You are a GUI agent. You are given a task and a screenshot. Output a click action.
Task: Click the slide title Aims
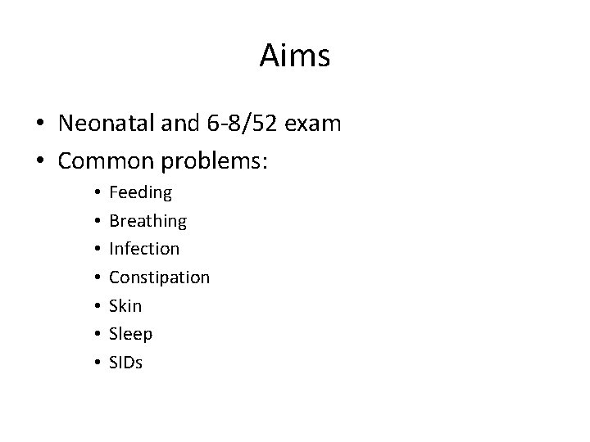coord(295,56)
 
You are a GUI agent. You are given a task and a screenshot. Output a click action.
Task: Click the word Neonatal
coord(108,124)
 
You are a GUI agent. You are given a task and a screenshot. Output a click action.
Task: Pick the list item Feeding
coord(140,193)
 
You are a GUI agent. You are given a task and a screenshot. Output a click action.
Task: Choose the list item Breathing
coord(147,221)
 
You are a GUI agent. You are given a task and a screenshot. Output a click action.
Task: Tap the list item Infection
coord(143,249)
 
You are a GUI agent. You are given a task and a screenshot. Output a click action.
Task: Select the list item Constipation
coord(159,277)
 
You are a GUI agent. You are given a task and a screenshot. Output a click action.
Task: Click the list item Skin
coord(125,305)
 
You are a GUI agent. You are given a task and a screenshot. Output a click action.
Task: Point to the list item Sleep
coord(130,334)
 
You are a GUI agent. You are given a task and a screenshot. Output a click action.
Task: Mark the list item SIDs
coord(125,362)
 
